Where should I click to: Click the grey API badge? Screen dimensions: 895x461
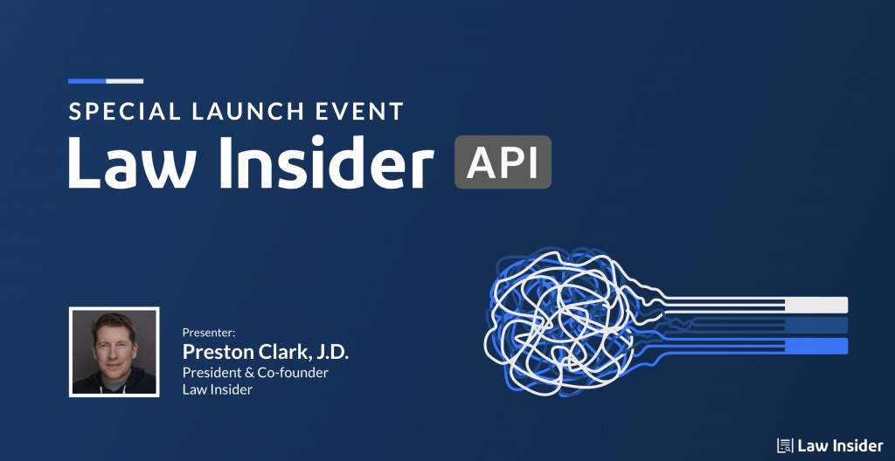503,162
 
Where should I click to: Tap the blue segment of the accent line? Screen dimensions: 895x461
87,81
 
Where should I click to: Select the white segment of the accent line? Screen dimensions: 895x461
124,81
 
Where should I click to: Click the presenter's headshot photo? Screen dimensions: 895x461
114,352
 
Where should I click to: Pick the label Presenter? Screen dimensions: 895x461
209,332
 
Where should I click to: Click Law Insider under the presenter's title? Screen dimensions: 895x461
218,389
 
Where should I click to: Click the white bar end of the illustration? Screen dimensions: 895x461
816,305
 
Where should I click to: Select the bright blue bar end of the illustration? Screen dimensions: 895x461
816,346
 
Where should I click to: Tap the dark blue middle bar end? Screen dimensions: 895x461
816,325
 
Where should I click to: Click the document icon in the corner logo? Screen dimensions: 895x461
785,445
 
